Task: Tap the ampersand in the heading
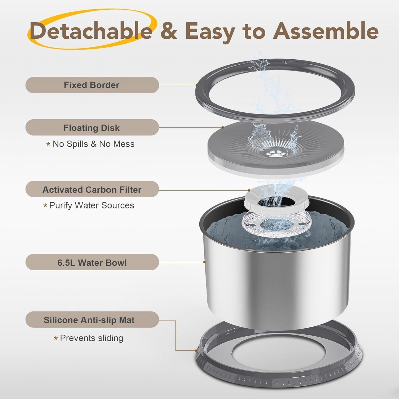coord(168,31)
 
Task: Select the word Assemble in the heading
coord(326,31)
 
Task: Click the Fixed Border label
coord(92,85)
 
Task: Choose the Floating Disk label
coord(92,128)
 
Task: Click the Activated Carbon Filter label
coord(92,190)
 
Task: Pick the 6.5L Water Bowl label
coord(92,263)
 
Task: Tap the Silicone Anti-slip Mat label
coord(89,320)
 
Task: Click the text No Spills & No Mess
coord(93,144)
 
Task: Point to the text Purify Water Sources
coord(91,205)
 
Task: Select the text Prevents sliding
coord(91,338)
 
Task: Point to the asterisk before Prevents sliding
coord(56,339)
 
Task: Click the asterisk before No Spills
coord(48,144)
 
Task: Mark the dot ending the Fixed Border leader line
coord(197,85)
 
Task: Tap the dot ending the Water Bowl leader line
coord(204,262)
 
